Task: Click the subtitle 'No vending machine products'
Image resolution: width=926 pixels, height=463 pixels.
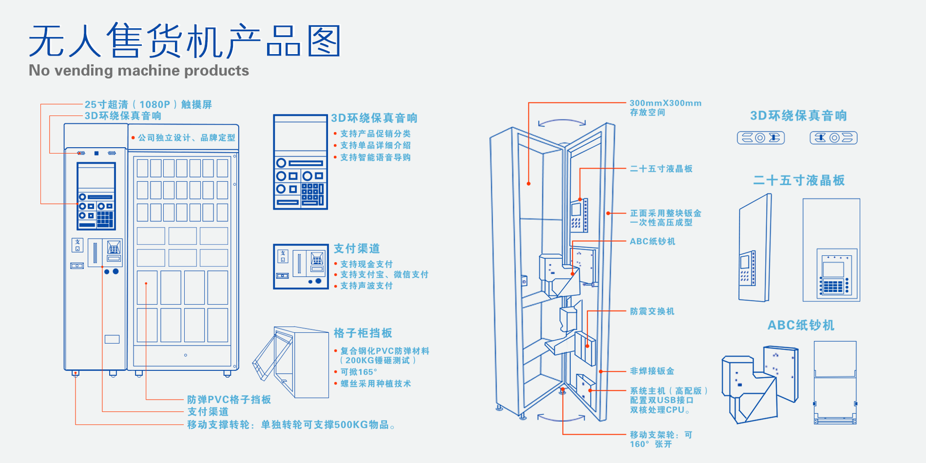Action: point(139,71)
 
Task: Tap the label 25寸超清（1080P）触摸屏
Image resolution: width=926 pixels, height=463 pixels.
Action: point(148,104)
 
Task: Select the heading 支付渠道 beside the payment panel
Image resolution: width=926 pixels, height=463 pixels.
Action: point(357,249)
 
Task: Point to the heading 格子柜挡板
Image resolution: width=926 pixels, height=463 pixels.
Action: point(363,333)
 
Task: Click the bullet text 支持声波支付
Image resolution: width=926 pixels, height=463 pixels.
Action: point(367,286)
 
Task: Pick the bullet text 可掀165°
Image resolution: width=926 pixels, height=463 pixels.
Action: point(359,372)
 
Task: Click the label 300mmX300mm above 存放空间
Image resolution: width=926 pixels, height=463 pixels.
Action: point(665,103)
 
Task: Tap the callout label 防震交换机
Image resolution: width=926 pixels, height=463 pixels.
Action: point(652,311)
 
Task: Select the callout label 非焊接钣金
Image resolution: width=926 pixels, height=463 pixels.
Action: point(652,371)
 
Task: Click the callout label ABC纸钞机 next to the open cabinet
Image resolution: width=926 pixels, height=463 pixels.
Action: point(653,241)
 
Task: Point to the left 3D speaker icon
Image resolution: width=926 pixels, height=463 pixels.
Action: point(761,138)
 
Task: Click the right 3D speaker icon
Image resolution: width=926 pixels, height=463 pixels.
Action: point(833,138)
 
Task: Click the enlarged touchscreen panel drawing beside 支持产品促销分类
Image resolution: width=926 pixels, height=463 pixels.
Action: point(300,162)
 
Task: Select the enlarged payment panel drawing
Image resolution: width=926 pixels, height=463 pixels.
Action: point(301,267)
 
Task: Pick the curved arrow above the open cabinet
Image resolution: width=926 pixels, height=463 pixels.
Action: point(562,122)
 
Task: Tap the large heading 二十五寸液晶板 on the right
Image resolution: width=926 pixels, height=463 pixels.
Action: point(799,180)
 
